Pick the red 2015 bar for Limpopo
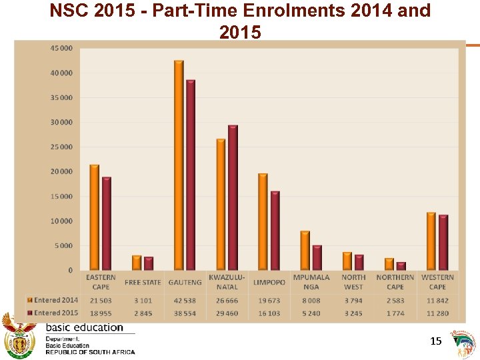275,231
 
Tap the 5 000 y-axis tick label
64,245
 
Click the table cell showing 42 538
185,301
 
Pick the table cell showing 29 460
227,313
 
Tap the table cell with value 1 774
395,313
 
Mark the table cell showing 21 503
101,301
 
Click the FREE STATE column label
143,282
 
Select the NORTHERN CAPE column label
395,282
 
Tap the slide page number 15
436,341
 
